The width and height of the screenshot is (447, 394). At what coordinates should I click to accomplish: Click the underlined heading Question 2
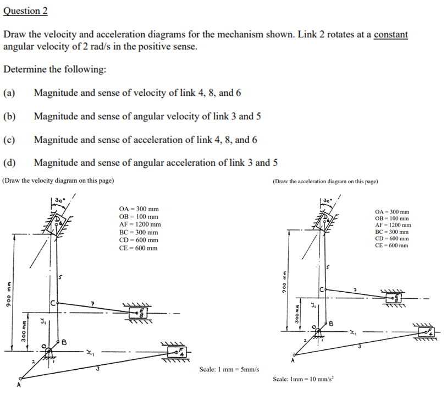click(25, 10)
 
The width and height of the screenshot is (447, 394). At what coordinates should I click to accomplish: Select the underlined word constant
click(390, 35)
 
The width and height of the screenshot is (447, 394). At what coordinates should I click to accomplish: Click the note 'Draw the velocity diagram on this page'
click(59, 180)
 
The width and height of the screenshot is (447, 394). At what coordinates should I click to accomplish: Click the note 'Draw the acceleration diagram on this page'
click(325, 180)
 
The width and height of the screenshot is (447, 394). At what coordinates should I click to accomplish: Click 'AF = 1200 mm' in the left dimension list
click(140, 225)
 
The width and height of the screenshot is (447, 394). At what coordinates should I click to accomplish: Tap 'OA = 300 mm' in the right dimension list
click(391, 212)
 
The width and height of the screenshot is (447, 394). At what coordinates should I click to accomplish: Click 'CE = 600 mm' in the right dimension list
click(391, 245)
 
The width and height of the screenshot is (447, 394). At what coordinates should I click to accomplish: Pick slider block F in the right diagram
click(429, 332)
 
